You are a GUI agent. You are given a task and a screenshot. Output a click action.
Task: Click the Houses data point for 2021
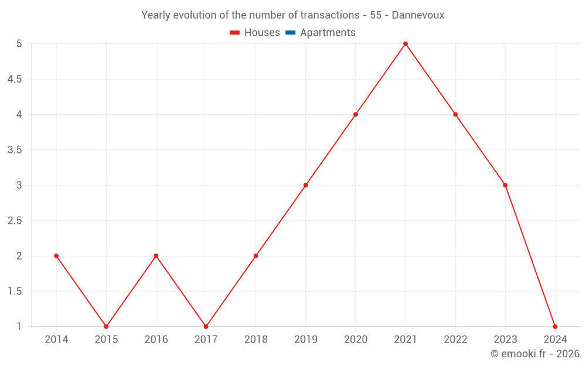[x=406, y=44]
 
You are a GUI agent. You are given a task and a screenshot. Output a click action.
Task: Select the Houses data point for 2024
[x=555, y=326]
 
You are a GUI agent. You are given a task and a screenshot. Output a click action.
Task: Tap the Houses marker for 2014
[x=56, y=256]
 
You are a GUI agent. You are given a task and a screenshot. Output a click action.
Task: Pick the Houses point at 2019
[x=306, y=185]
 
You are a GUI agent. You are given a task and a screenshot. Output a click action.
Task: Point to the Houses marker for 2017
[x=206, y=326]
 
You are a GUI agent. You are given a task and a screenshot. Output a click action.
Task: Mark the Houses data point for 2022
[x=455, y=114]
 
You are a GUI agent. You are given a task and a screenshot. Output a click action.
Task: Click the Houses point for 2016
[x=156, y=256]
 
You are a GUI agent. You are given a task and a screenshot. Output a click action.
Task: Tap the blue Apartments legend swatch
[x=290, y=33]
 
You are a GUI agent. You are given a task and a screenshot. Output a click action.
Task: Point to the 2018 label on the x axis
[x=256, y=340]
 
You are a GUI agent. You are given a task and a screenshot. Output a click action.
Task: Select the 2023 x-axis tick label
[x=505, y=340]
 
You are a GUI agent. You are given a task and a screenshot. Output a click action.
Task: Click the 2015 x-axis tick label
[x=106, y=340]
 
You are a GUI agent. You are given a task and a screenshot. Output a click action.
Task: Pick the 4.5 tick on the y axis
[x=15, y=79]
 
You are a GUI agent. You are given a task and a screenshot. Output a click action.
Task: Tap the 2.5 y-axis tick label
[x=15, y=221]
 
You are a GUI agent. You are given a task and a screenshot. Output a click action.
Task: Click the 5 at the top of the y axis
[x=19, y=44]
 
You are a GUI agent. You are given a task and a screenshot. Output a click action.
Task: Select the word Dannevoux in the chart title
[x=418, y=15]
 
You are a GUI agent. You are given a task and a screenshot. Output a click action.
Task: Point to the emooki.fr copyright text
[x=535, y=354]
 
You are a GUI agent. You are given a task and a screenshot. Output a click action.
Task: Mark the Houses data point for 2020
[x=356, y=114]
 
